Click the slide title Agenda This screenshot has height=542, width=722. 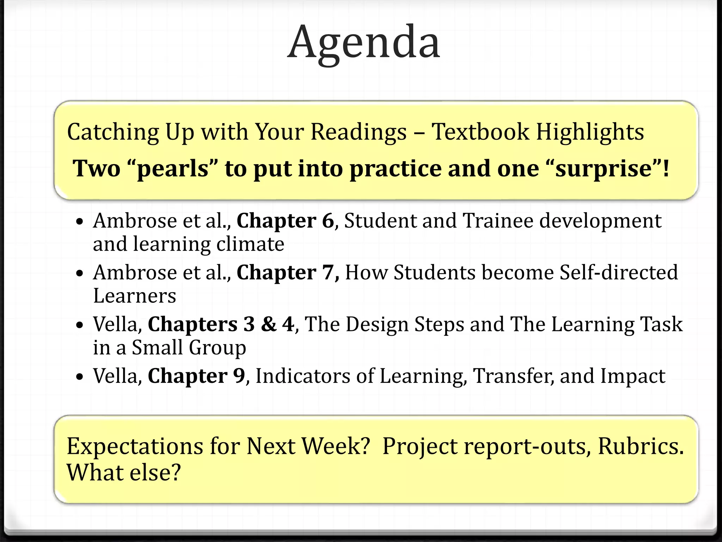[363, 42]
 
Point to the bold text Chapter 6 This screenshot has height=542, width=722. [285, 221]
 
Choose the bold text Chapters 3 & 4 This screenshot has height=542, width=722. [221, 324]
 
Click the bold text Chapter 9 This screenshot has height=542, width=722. [196, 376]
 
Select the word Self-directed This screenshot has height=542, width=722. [618, 273]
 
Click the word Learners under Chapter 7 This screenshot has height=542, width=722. [134, 296]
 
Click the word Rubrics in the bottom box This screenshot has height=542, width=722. [641, 446]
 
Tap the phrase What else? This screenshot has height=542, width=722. [124, 472]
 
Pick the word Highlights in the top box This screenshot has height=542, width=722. [590, 132]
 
